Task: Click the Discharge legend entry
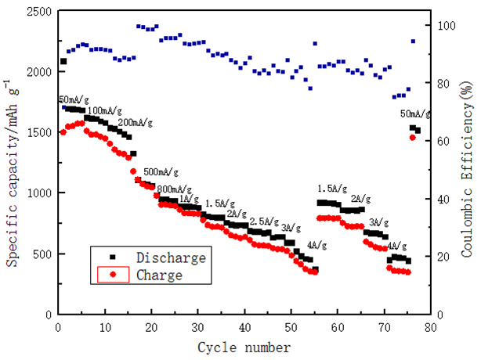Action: pos(171,257)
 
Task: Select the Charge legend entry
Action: pos(159,275)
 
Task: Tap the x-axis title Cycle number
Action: pos(244,347)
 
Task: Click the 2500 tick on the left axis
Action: pos(38,11)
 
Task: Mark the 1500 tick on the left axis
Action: pos(38,132)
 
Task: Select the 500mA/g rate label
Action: pos(161,171)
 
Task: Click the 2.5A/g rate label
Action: pos(266,221)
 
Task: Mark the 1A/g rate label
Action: pos(189,199)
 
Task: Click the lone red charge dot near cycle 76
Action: pos(412,138)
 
